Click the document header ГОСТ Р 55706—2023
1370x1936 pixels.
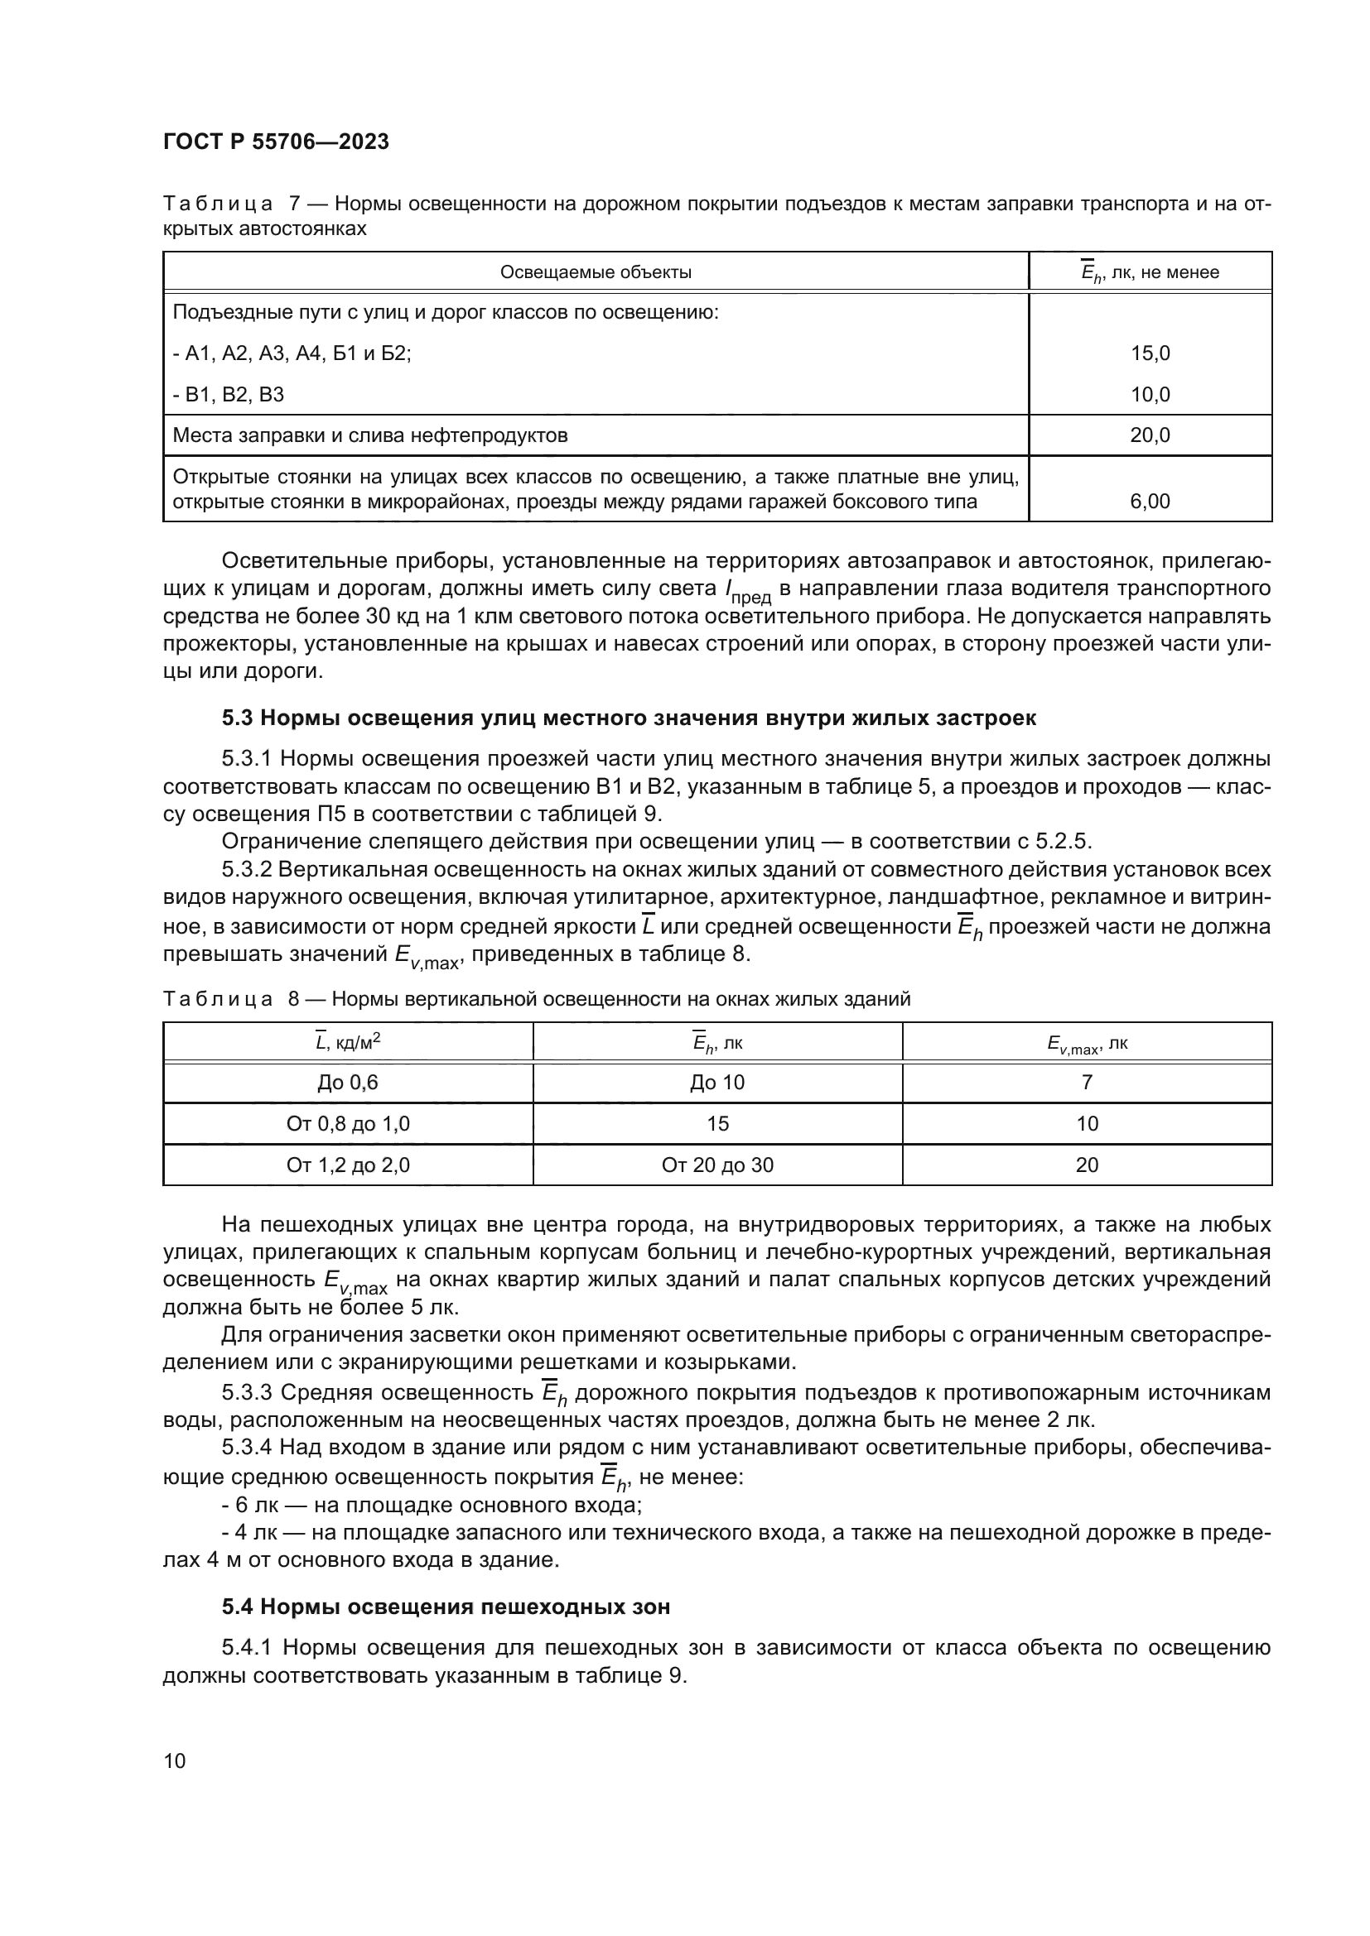coord(276,142)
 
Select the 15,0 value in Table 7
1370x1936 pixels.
coord(1150,353)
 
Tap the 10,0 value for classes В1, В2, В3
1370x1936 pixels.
coord(1150,395)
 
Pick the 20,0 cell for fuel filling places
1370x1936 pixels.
coord(1150,435)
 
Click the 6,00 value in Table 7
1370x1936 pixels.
coord(1150,501)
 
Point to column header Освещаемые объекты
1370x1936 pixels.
coord(596,271)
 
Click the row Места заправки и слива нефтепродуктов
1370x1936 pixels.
coord(369,435)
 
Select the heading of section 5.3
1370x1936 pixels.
coord(629,718)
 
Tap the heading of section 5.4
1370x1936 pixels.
coord(446,1607)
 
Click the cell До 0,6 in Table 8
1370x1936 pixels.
coord(348,1082)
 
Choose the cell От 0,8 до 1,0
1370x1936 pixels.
coord(348,1123)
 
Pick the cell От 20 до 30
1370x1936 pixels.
coord(717,1165)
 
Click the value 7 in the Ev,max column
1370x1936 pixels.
coord(1087,1082)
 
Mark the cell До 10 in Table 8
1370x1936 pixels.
coord(717,1082)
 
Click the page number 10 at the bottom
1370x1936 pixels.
coord(175,1761)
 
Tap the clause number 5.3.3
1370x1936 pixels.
coord(248,1392)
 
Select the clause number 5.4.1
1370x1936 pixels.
coord(248,1647)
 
